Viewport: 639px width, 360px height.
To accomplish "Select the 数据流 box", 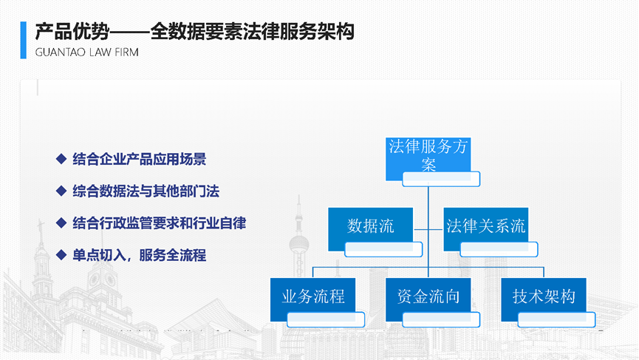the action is point(370,228).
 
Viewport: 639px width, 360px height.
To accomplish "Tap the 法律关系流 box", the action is point(486,228).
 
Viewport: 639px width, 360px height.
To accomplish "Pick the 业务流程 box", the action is point(312,299).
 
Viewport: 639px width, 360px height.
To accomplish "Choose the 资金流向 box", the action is point(428,299).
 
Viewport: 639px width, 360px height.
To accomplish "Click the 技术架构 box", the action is point(544,299).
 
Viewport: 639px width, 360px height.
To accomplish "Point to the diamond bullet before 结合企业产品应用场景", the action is point(61,159).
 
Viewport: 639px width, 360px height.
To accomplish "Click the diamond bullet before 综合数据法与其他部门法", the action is point(61,191).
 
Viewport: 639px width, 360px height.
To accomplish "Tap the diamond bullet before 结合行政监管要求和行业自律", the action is point(61,223).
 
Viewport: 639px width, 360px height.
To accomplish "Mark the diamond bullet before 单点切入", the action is point(61,255).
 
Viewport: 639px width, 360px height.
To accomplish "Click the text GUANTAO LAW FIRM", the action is point(87,52).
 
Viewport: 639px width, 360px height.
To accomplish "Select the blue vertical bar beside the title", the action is point(23,40).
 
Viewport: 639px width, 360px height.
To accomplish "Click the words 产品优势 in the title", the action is point(72,32).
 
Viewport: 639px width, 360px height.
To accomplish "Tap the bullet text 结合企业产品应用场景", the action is point(140,159).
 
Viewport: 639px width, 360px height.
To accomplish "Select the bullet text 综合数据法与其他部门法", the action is point(146,191).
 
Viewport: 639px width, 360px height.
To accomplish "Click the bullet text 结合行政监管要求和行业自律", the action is point(160,223).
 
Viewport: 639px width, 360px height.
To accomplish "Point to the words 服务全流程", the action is point(172,256).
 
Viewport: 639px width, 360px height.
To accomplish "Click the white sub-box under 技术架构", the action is point(557,319).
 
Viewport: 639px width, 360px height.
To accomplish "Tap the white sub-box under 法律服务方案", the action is point(441,179).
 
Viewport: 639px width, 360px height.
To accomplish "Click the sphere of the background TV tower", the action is point(299,245).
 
